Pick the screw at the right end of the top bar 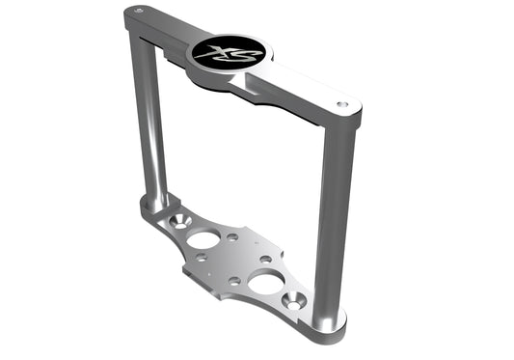tap(340, 103)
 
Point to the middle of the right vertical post tap(331, 222)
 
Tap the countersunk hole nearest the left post tap(175, 222)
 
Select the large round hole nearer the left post tap(203, 238)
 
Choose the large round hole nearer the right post tap(265, 282)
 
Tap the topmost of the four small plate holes tap(232, 236)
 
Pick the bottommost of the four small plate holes tap(234, 280)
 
